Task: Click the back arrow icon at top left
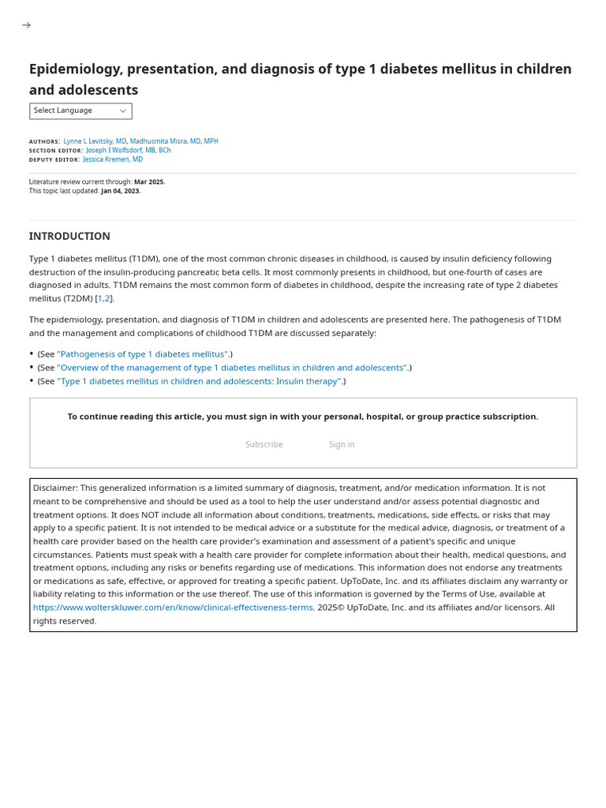pos(26,25)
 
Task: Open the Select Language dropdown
pos(80,111)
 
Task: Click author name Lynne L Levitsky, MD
pos(95,141)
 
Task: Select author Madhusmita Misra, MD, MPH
pos(174,141)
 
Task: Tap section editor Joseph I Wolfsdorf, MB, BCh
pos(128,150)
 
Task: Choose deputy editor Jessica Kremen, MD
pos(113,159)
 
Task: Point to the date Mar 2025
pos(149,181)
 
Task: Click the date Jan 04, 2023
pos(121,191)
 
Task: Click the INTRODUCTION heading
pos(69,236)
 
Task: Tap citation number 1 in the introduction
pos(100,298)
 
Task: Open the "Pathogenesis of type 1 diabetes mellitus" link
pos(143,354)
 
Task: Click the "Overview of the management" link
pos(232,368)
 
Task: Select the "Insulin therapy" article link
pos(200,381)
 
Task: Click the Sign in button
pos(342,444)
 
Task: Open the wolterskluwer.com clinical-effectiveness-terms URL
pos(173,608)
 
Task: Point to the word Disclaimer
pos(54,488)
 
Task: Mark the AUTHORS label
pos(44,142)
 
